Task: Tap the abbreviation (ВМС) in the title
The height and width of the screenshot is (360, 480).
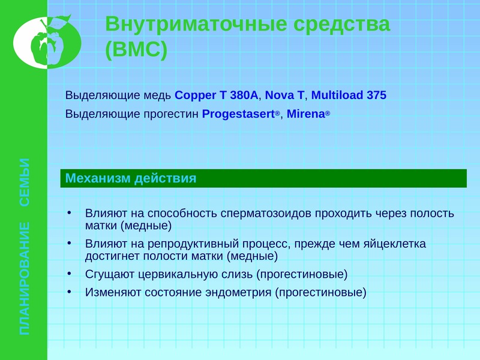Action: pyautogui.click(x=136, y=49)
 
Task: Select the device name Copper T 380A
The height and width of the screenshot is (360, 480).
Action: pyautogui.click(x=217, y=95)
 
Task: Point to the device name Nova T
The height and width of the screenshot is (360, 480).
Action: pyautogui.click(x=284, y=95)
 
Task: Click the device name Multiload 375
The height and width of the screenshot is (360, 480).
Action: pyautogui.click(x=349, y=95)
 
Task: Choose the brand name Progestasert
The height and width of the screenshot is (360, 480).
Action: pyautogui.click(x=238, y=114)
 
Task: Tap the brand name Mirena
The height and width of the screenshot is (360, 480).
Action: pyautogui.click(x=305, y=114)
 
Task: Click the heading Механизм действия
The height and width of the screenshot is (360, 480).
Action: pyautogui.click(x=131, y=178)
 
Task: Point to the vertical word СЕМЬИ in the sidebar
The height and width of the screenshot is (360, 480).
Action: pyautogui.click(x=25, y=182)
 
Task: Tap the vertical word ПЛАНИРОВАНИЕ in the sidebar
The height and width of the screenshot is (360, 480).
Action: pyautogui.click(x=25, y=278)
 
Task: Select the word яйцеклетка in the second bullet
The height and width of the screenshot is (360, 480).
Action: pyautogui.click(x=395, y=244)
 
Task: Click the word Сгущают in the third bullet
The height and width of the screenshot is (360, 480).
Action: pyautogui.click(x=110, y=275)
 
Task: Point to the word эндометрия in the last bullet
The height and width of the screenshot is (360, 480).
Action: pyautogui.click(x=238, y=293)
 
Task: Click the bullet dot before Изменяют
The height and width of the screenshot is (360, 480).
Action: pyautogui.click(x=70, y=292)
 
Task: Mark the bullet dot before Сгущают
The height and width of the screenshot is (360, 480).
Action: pyautogui.click(x=70, y=274)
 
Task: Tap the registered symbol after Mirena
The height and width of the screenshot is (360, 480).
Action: pyautogui.click(x=328, y=113)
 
